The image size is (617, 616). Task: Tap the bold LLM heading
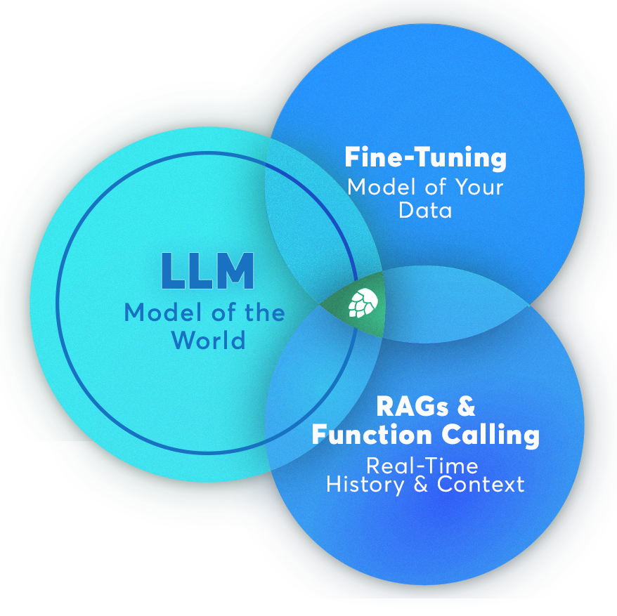(x=207, y=272)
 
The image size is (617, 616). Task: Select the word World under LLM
(x=208, y=340)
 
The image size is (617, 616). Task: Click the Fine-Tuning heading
(x=425, y=157)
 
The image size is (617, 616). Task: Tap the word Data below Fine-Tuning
(x=425, y=210)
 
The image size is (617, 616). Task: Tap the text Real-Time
(x=422, y=466)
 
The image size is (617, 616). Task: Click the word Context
(x=481, y=485)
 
